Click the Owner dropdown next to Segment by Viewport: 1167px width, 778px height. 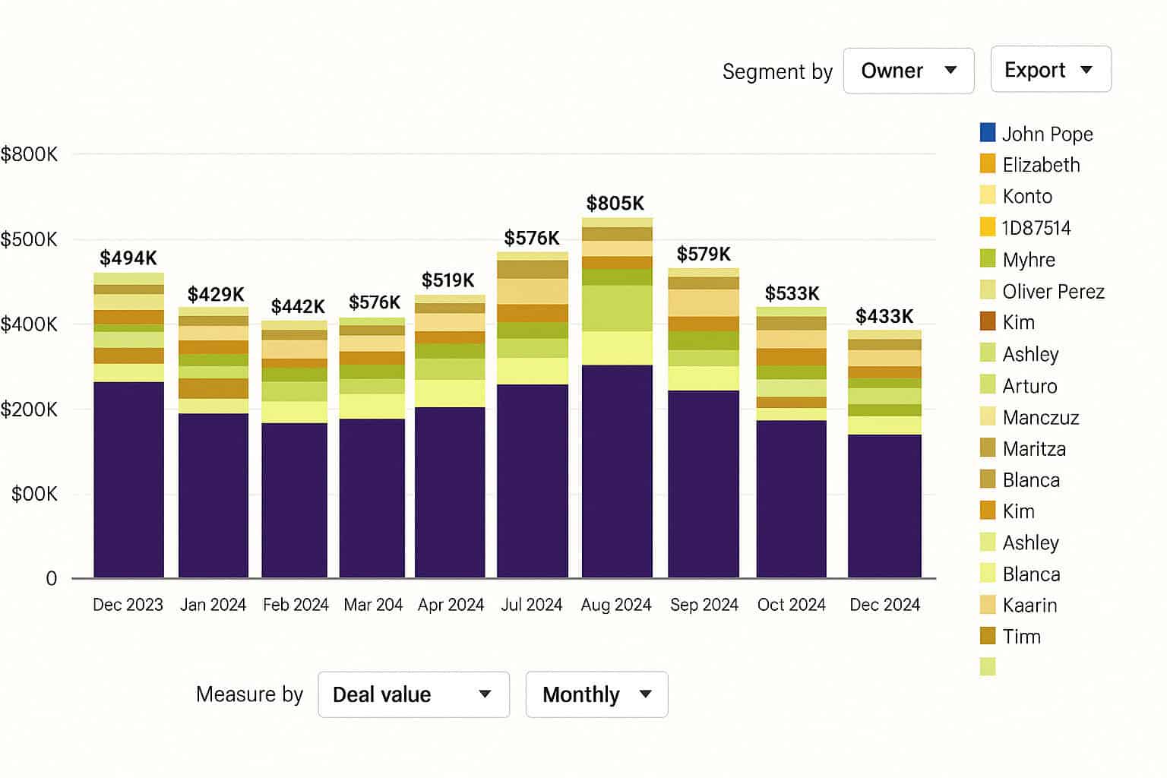coord(908,71)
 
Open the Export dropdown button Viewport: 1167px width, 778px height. coord(1050,70)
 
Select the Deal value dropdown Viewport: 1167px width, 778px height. coord(413,694)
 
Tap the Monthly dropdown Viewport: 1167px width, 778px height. coord(596,694)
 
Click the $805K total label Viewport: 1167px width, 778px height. coord(615,204)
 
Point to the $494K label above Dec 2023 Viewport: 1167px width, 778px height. coord(128,258)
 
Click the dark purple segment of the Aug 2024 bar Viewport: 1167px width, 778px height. coord(617,471)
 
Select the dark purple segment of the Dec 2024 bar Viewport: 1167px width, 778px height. coord(884,505)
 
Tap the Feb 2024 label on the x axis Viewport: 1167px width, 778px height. coord(296,605)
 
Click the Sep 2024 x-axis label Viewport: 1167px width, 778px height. coord(704,605)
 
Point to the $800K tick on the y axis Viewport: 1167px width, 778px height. coord(29,155)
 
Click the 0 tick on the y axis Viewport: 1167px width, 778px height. coord(51,579)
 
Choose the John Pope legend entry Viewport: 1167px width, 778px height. coord(1047,134)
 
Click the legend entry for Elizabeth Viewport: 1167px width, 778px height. coord(1041,165)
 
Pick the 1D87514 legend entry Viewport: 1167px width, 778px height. coord(1036,228)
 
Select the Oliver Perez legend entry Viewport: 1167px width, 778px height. coord(1053,291)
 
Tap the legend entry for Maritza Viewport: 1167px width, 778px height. coord(1034,448)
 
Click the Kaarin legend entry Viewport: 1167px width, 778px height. coord(1029,606)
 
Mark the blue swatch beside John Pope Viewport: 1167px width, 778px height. coord(988,133)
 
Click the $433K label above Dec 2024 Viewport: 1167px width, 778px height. coord(884,316)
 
